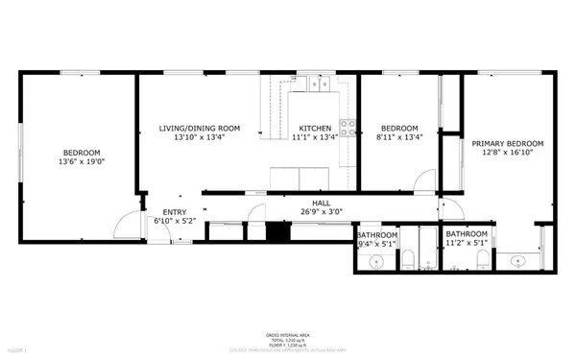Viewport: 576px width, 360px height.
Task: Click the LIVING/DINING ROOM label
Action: [x=200, y=128]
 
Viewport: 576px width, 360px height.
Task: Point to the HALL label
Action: [x=321, y=203]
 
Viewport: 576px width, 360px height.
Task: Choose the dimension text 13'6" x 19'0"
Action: [x=82, y=162]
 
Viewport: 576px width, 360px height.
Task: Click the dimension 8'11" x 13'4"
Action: [x=399, y=137]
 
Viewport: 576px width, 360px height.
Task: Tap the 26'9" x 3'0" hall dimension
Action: [x=321, y=212]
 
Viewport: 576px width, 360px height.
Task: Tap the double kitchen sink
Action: [x=320, y=85]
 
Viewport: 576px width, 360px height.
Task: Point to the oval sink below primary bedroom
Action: [x=518, y=260]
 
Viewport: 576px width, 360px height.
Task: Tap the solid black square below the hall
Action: [x=277, y=231]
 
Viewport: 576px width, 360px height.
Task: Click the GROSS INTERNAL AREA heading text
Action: [x=287, y=335]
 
